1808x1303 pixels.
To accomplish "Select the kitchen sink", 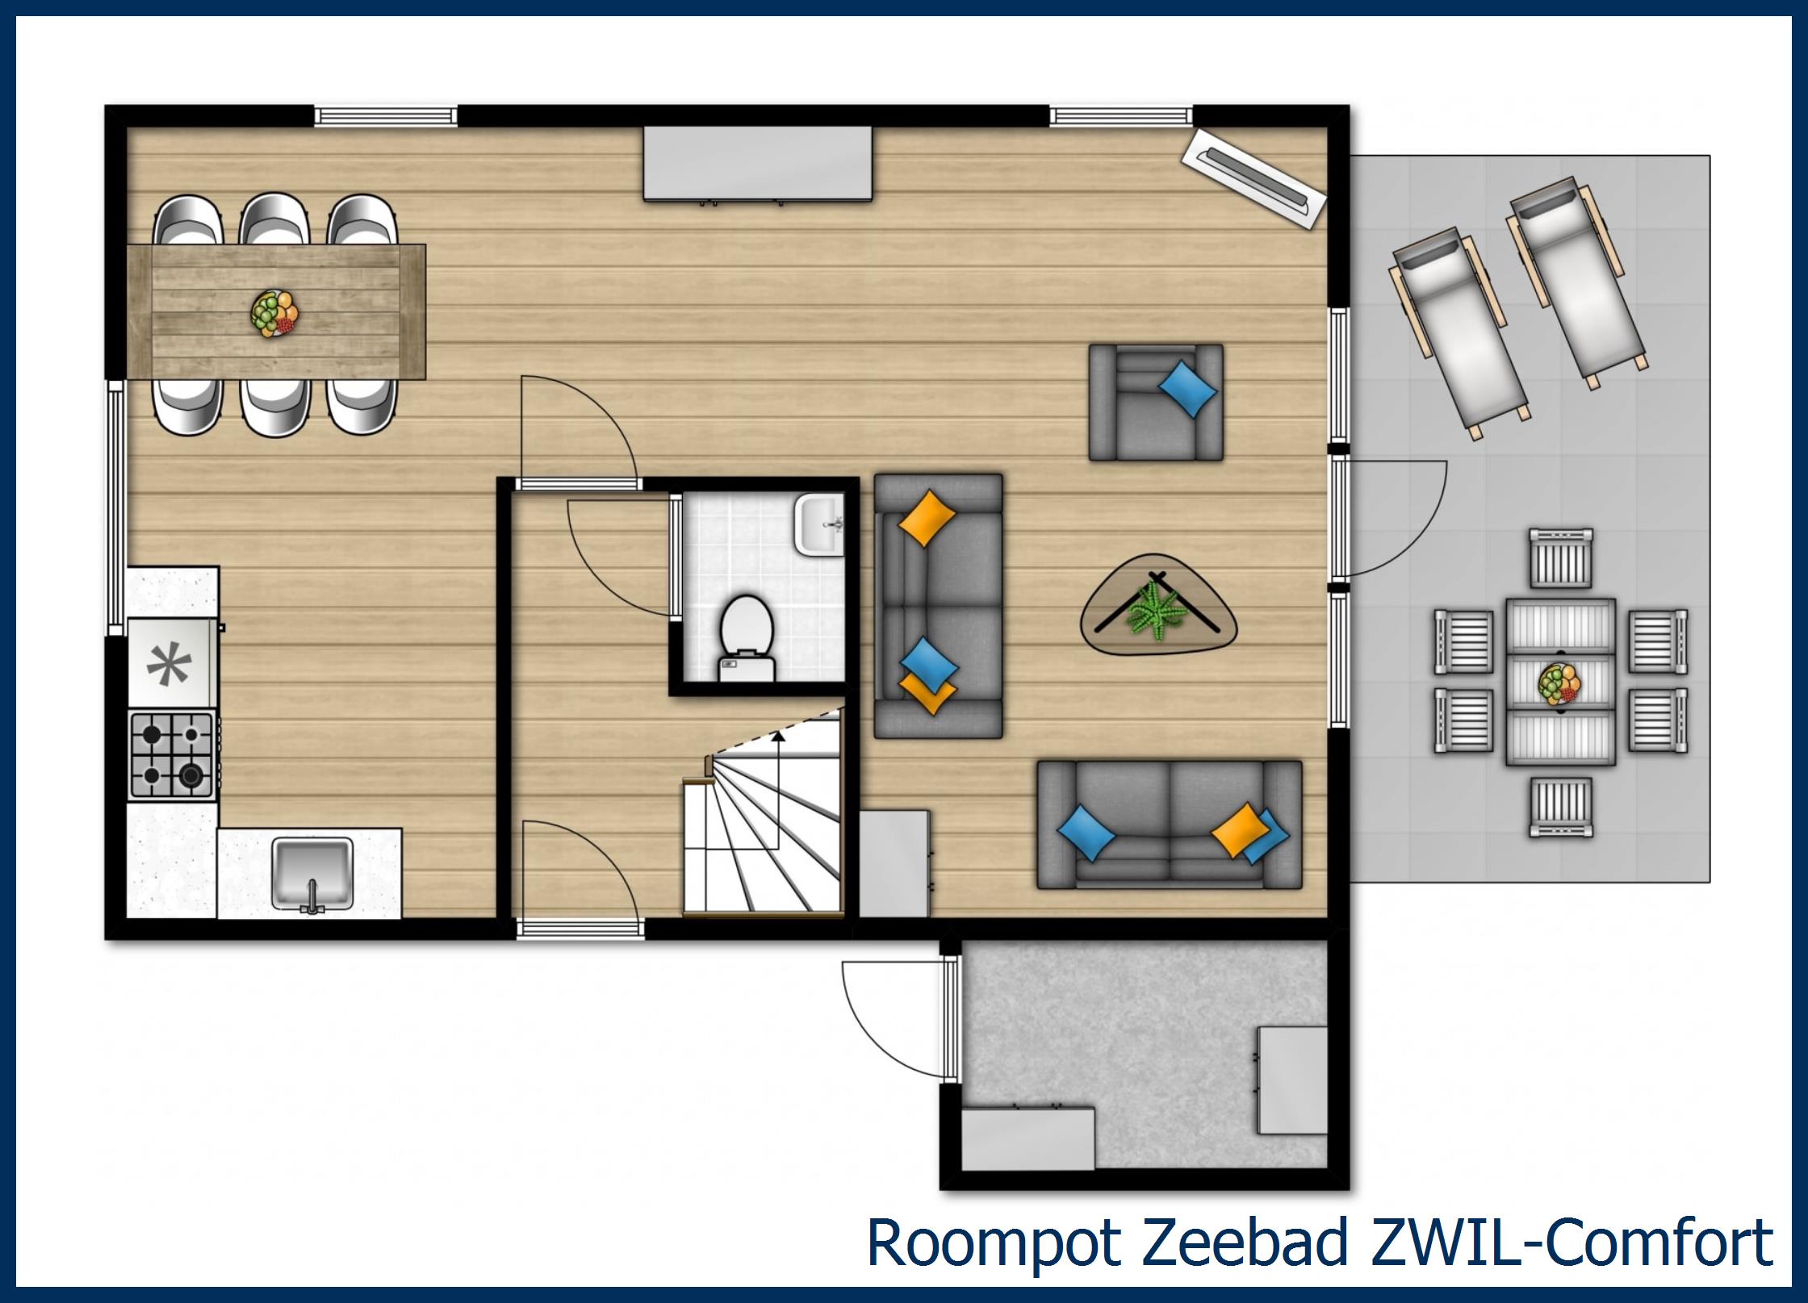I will tap(312, 873).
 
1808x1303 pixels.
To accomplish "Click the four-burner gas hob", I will tap(172, 755).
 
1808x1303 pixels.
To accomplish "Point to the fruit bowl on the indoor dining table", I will tap(274, 312).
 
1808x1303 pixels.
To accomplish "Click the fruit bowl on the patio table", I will tap(1559, 683).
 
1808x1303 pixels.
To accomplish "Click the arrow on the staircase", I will tap(778, 736).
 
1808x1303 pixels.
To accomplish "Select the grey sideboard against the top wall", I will tap(758, 163).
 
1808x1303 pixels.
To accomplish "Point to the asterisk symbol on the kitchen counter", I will tap(169, 666).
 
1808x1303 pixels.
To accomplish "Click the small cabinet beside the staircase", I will tap(894, 863).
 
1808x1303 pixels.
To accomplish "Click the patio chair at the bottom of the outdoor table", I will tap(1561, 806).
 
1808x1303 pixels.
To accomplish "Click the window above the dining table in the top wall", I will tap(385, 115).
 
